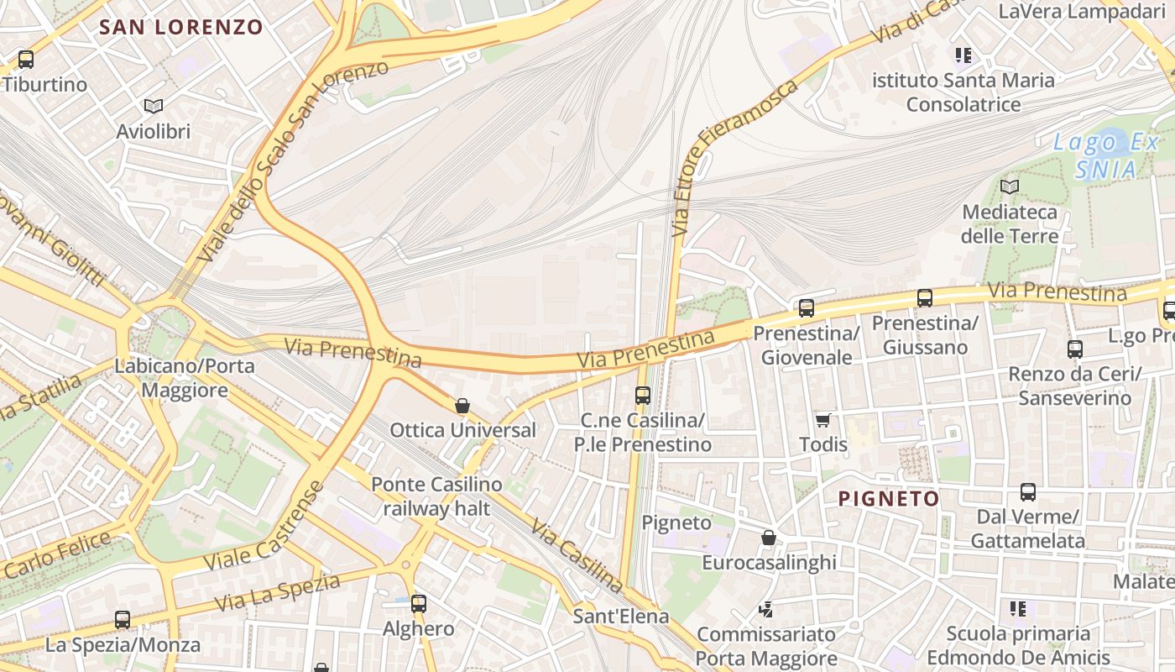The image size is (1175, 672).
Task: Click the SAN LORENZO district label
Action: [x=181, y=27]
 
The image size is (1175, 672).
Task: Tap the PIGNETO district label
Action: [x=889, y=499]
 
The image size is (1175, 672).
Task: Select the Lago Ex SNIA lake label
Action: [x=1106, y=155]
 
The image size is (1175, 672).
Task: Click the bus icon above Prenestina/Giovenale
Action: [x=807, y=308]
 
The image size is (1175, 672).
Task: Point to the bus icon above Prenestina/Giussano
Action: [x=925, y=298]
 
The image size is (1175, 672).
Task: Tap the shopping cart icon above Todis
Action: [x=822, y=419]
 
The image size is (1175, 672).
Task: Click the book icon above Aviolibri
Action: [x=153, y=106]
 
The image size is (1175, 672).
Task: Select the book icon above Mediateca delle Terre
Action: [x=1010, y=186]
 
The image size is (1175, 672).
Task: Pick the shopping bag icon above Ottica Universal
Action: [x=462, y=406]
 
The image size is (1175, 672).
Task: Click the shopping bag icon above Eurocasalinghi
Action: [x=769, y=538]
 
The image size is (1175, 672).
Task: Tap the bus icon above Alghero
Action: [x=418, y=603]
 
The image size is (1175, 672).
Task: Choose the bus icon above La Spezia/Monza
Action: [x=123, y=620]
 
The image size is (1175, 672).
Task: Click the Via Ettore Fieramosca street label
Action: [x=736, y=156]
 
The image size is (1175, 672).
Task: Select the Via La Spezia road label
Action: [x=277, y=593]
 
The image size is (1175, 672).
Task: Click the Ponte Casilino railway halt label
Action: [x=436, y=496]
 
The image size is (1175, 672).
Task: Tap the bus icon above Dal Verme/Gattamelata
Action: [x=1027, y=492]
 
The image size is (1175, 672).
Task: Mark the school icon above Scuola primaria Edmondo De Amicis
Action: [x=1018, y=608]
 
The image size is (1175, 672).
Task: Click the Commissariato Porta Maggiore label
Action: [x=766, y=646]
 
